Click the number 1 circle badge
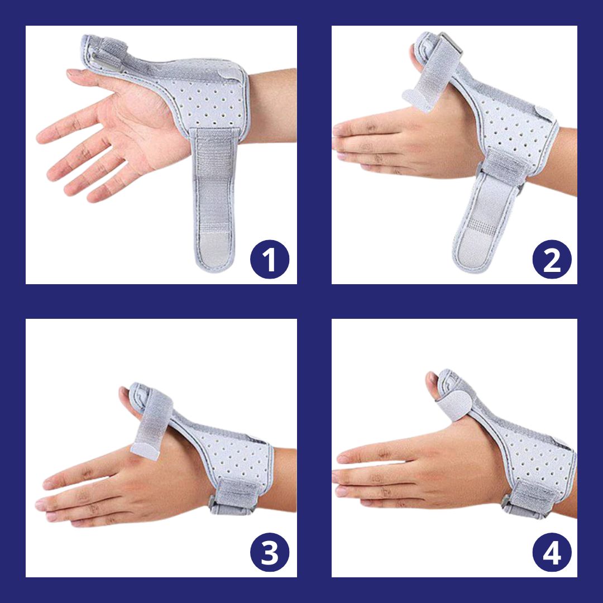tap(270, 259)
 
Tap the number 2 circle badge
tap(552, 259)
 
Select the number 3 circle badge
tap(270, 552)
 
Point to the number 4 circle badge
tap(552, 552)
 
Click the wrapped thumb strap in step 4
tap(454, 402)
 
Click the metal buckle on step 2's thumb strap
tap(451, 43)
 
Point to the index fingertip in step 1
tap(73, 71)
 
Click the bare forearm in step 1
tap(272, 106)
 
